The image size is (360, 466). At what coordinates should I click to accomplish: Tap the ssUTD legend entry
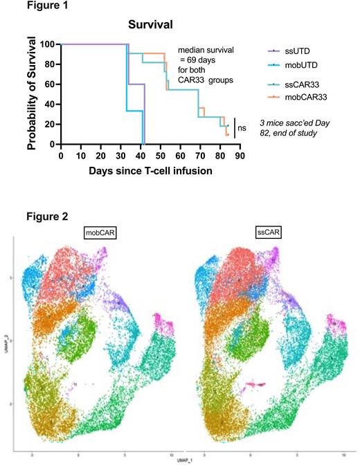(301, 51)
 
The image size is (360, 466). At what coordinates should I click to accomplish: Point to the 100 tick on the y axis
(48, 44)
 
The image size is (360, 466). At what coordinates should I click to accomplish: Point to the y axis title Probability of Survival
(33, 95)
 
